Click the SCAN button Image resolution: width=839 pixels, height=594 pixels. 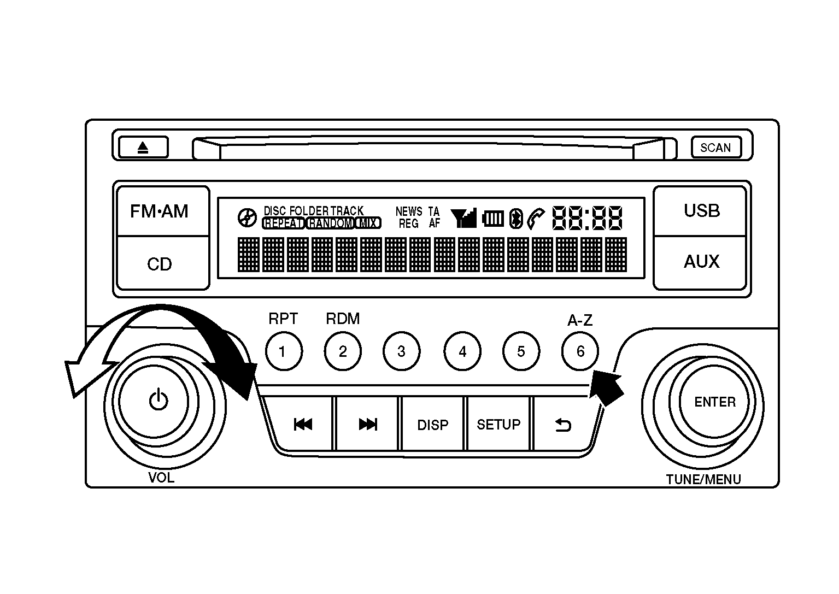(715, 148)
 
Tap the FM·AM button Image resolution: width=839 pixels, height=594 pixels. (159, 211)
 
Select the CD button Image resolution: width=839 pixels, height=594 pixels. (159, 264)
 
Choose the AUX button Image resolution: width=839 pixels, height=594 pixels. (701, 262)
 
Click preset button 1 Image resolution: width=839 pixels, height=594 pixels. (283, 351)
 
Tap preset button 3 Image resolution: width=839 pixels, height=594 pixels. (402, 351)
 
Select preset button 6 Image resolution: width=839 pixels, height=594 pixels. (580, 351)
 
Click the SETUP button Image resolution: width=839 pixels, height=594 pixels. (498, 425)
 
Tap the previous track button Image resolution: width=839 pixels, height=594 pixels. (302, 425)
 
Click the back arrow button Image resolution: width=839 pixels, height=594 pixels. (563, 425)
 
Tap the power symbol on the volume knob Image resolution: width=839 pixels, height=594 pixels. (158, 401)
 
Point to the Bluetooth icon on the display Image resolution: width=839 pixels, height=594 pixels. (515, 219)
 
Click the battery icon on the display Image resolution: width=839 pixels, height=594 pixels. (493, 219)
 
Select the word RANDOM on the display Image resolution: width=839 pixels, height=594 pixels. (330, 224)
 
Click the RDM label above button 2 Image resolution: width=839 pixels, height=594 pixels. (343, 319)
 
